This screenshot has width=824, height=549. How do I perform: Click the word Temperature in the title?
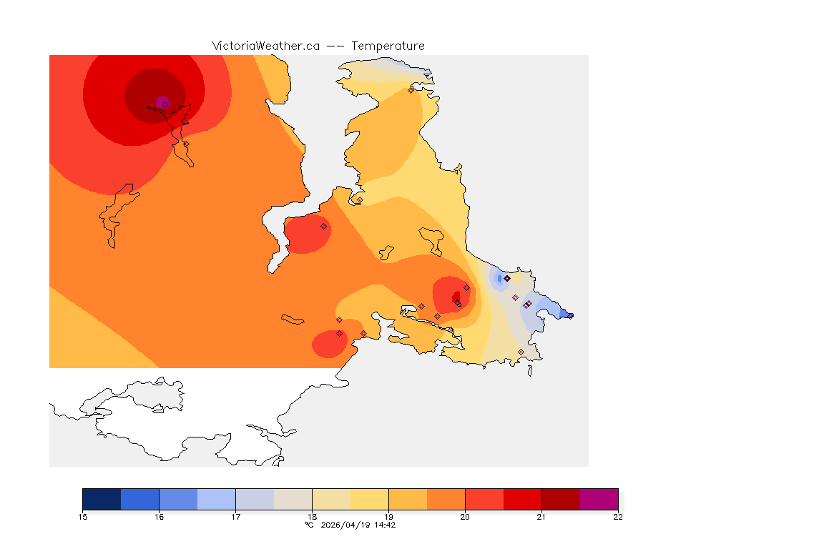388,46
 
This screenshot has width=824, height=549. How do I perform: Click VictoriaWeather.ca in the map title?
265,46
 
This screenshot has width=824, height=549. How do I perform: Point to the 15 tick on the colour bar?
83,517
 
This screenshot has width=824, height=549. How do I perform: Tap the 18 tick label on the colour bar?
312,517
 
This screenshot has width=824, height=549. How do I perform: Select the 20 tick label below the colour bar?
465,517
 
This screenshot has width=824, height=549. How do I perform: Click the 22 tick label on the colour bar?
617,517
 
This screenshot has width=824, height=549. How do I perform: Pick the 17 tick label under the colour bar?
235,517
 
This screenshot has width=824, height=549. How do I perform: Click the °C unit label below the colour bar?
309,525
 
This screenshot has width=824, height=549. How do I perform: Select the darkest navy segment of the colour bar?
102,499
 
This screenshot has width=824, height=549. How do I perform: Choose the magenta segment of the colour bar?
599,499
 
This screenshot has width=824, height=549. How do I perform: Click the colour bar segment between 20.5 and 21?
522,499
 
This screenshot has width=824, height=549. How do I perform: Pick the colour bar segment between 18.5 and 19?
369,499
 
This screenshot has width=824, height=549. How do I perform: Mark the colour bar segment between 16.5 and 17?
216,499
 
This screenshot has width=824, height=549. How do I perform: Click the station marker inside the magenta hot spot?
165,104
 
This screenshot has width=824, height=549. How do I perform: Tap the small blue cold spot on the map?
499,278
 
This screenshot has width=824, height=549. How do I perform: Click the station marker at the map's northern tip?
411,90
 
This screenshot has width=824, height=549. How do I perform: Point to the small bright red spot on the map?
456,296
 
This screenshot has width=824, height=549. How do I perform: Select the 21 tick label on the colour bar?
541,517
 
